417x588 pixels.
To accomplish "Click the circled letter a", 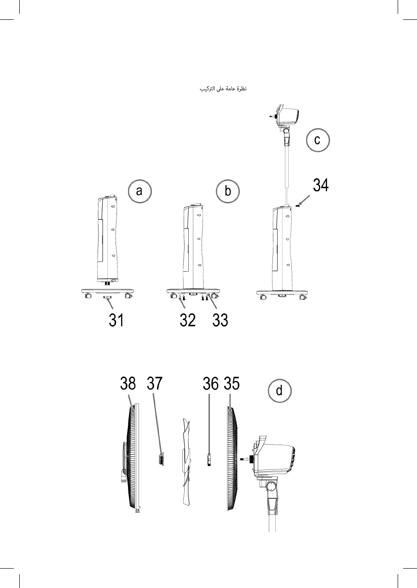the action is click(x=140, y=191).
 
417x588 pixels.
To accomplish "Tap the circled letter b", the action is click(x=228, y=191).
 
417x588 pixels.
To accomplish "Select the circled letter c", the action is click(x=318, y=140).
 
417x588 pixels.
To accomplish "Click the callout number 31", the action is click(x=116, y=320).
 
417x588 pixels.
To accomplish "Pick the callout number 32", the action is click(x=187, y=320).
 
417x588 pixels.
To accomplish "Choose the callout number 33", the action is click(x=220, y=320).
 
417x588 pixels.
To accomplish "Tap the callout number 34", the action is click(x=321, y=185).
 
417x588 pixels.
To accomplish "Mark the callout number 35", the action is click(x=232, y=383).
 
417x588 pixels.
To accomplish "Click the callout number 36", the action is click(x=211, y=383).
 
